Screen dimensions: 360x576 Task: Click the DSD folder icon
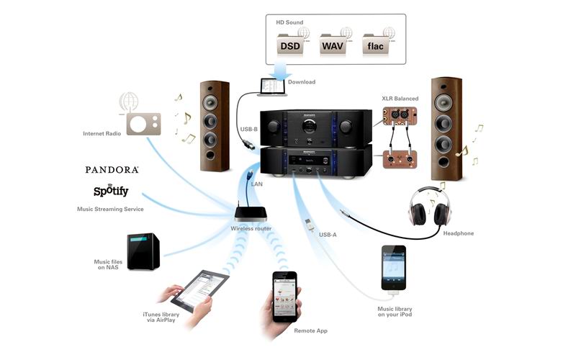pos(291,44)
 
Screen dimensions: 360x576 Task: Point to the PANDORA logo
pos(112,170)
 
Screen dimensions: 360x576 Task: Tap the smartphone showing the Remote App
pos(284,295)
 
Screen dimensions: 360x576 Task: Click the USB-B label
pos(250,130)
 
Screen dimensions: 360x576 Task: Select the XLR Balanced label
pos(400,97)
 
